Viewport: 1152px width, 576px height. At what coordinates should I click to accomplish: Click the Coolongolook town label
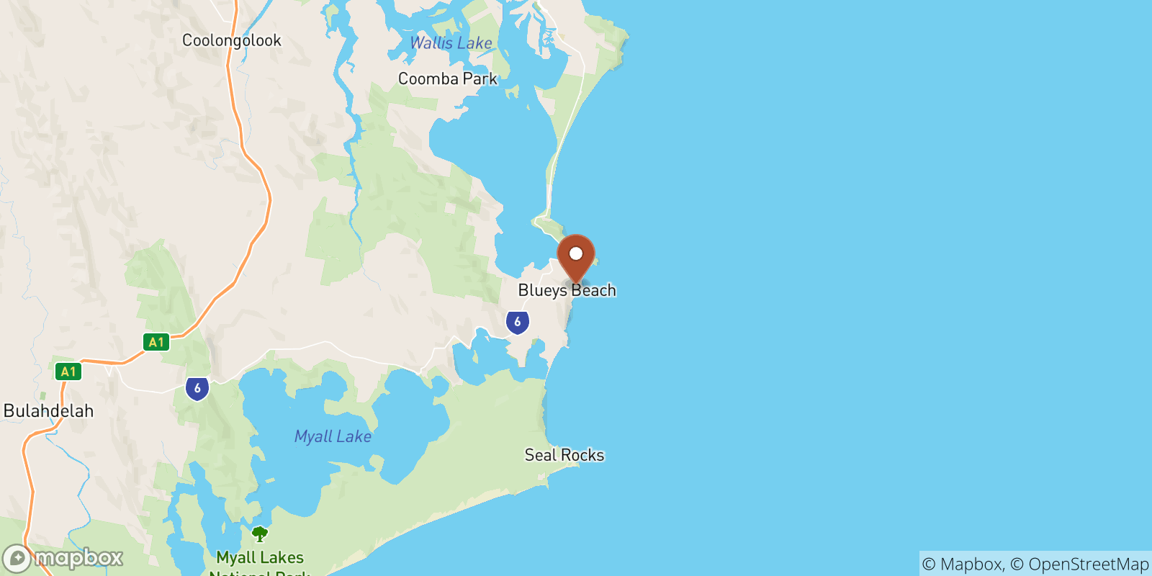tap(231, 40)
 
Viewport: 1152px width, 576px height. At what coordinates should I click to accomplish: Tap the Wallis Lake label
tap(451, 43)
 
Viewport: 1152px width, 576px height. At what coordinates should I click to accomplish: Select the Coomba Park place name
tap(447, 78)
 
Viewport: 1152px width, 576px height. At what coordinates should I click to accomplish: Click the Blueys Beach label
tap(567, 290)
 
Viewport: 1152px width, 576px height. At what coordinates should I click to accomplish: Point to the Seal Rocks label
tap(564, 455)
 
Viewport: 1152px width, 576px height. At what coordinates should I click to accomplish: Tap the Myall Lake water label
tap(333, 436)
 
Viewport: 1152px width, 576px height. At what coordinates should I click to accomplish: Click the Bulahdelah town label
tap(49, 411)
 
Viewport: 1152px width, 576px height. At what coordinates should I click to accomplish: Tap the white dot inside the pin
tap(576, 253)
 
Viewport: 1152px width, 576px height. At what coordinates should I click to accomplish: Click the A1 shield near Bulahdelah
tap(68, 372)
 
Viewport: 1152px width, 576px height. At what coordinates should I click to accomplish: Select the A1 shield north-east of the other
tap(156, 342)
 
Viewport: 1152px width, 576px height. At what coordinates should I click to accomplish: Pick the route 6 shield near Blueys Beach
tap(517, 322)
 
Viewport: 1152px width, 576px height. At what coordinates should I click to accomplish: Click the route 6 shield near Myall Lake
tap(197, 388)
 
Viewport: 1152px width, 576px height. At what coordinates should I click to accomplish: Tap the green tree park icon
tap(260, 534)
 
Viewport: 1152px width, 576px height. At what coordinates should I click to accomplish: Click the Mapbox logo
tap(63, 558)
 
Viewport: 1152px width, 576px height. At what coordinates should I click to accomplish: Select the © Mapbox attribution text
tap(963, 564)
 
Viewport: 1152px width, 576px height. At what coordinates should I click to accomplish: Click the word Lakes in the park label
tap(282, 557)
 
